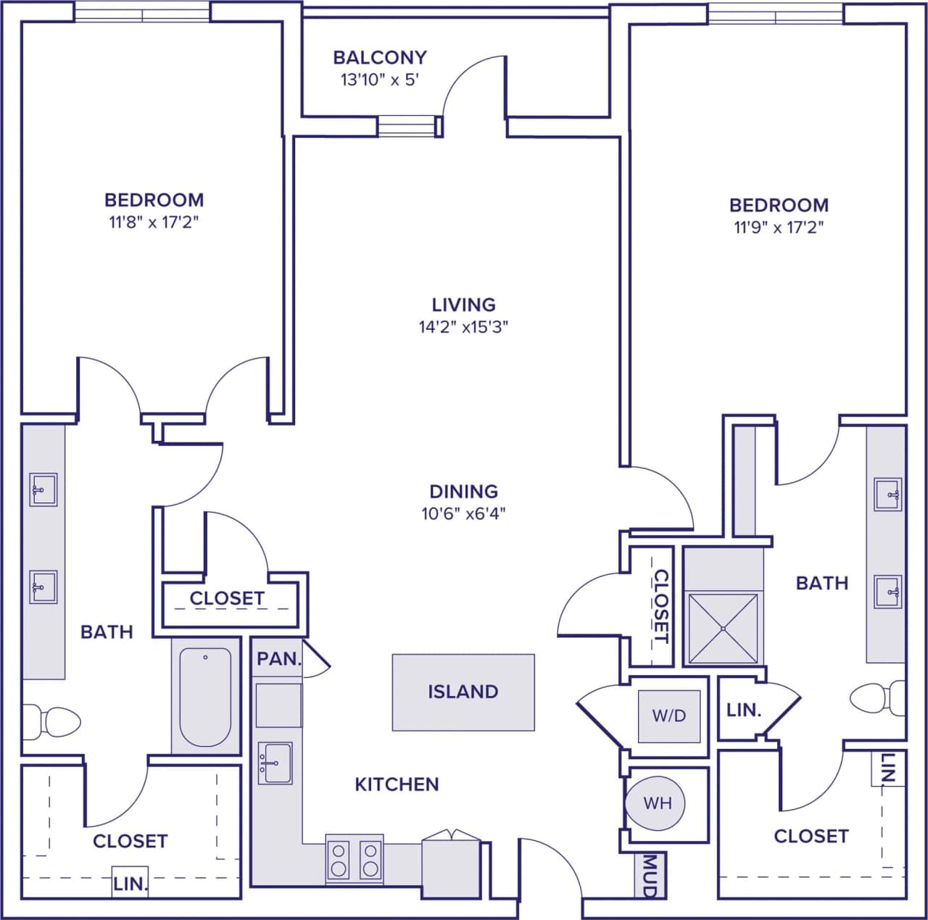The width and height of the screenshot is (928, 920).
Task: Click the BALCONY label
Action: [379, 57]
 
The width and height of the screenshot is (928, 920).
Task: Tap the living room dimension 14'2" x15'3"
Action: [463, 327]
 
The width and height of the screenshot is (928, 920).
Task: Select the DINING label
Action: [463, 492]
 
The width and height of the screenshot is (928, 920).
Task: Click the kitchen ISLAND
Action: [463, 692]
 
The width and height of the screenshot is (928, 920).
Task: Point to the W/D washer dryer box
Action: [668, 716]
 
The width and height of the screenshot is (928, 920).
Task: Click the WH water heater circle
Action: [657, 803]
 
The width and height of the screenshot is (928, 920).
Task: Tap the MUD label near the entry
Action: [650, 877]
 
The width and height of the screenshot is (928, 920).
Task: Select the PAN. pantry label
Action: [279, 659]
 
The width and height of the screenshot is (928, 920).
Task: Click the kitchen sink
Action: [275, 763]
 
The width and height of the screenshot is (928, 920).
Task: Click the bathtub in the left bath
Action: [205, 697]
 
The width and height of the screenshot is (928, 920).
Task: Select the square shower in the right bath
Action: [722, 629]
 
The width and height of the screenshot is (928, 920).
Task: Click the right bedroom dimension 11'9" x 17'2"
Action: [779, 228]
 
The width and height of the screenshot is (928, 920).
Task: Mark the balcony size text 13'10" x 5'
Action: [379, 80]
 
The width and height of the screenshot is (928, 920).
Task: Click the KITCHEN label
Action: [397, 784]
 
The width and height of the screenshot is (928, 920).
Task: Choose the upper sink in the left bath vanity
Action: [43, 489]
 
